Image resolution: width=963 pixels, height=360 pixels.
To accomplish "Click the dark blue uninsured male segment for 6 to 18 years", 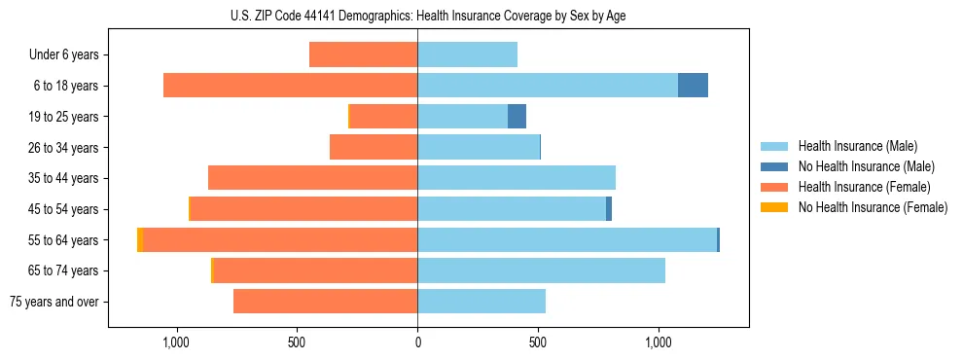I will (x=693, y=86).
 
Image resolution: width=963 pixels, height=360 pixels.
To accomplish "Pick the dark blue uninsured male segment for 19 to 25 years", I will (x=517, y=117).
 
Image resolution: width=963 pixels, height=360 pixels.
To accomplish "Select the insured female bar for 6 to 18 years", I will (x=290, y=86).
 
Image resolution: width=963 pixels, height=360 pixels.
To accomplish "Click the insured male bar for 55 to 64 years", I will (x=566, y=240).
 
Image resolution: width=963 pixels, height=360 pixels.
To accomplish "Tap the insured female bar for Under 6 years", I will (x=363, y=54).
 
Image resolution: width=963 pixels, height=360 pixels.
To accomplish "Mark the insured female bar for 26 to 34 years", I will (x=374, y=148).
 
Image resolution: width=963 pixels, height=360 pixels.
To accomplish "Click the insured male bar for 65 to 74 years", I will (x=541, y=270).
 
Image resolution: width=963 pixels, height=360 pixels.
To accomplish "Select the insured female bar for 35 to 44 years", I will (x=312, y=178).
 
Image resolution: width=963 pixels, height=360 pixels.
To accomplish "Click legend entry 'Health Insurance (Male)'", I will (x=857, y=146).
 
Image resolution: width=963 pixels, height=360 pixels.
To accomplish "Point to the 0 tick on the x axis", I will (x=417, y=342).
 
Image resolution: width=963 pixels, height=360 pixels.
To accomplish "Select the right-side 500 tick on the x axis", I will (x=538, y=342).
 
